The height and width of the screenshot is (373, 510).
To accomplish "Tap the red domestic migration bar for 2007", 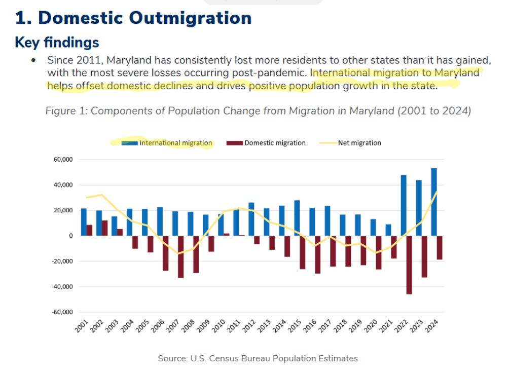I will [x=180, y=256].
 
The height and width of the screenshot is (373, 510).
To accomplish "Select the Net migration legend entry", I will [x=359, y=143].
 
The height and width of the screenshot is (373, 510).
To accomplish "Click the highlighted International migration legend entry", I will [x=175, y=143].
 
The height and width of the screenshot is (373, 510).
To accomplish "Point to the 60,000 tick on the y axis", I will [x=63, y=160].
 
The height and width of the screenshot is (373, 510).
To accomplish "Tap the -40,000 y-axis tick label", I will [x=62, y=287].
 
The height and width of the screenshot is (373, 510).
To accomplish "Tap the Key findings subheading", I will [x=57, y=42].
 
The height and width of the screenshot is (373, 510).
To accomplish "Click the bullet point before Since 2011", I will [x=33, y=60].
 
